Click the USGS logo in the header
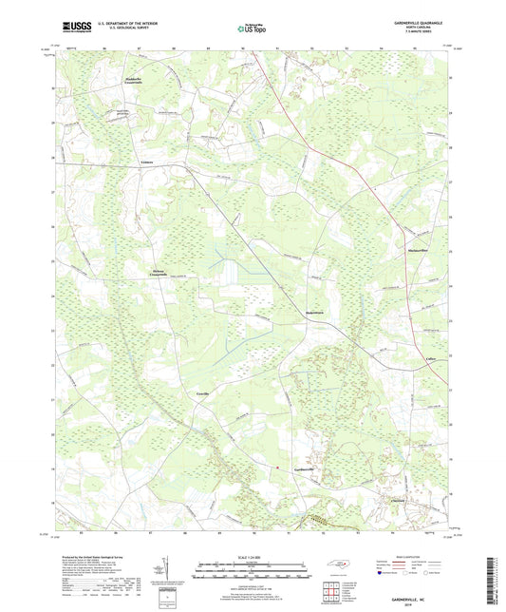point(72,27)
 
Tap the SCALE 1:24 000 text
point(253,557)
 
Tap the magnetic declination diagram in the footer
point(167,574)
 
